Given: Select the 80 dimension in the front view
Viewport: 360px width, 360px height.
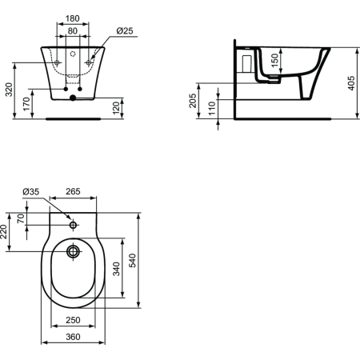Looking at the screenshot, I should (72, 31).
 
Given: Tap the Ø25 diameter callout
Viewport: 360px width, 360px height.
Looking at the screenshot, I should (124, 31).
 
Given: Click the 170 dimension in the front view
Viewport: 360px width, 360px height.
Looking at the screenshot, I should (27, 102).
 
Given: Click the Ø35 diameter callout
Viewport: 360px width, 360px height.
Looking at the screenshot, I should (31, 191).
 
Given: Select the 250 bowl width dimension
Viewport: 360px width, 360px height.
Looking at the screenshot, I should (73, 320).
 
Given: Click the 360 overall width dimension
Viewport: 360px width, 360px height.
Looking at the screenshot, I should (73, 337).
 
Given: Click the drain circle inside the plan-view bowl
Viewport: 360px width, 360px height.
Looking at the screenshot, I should (73, 253).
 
